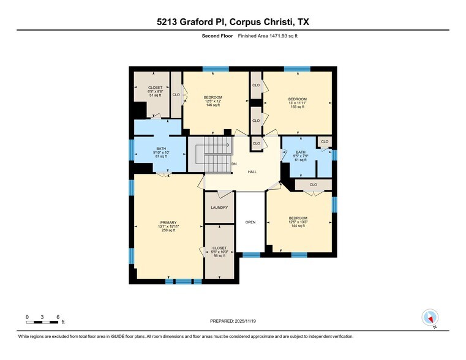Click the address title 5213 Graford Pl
[233, 22]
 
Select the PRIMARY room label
[168, 222]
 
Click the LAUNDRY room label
[219, 208]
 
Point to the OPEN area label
[250, 222]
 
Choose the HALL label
[252, 172]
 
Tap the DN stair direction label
[234, 164]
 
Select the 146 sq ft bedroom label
[213, 102]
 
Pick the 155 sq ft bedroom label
[298, 103]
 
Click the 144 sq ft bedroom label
[298, 222]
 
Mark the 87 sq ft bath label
[161, 152]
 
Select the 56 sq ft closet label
[219, 252]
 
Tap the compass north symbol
[430, 318]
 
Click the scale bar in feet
[43, 319]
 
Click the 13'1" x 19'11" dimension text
[168, 227]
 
